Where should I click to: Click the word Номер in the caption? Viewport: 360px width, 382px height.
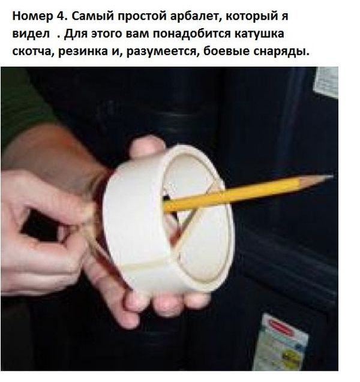coord(32,16)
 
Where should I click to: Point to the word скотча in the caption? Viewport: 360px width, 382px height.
coord(33,52)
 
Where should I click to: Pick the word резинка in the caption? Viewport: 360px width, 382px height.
coord(83,52)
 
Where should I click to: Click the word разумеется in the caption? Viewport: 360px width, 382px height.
coord(163,52)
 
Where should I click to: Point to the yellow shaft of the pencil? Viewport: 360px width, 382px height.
coord(232,195)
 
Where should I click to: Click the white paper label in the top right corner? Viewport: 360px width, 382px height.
coord(326,82)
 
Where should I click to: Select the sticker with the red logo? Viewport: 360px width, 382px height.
coord(280,343)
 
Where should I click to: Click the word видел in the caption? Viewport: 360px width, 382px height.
coord(31,34)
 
